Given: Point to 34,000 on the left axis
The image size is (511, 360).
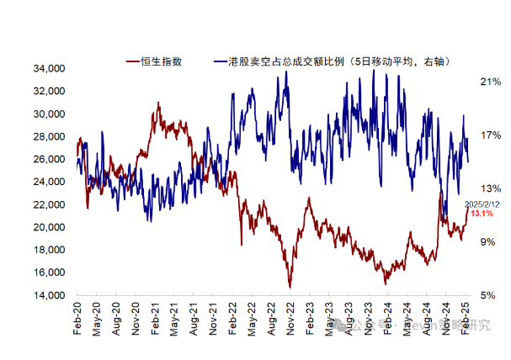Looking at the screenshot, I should point(49,68).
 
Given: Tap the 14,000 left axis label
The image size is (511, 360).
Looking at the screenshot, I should point(49,295).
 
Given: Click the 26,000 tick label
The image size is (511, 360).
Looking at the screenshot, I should point(49,159).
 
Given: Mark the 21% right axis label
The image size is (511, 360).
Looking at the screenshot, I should point(491,82).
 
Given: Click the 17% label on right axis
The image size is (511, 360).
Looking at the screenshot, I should point(491,135).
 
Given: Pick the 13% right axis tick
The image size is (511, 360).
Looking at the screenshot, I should point(491,188).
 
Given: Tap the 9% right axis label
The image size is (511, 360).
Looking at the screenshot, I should point(491,242).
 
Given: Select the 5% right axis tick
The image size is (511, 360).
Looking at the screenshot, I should point(491,295).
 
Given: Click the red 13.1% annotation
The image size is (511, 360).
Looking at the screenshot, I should point(482,214).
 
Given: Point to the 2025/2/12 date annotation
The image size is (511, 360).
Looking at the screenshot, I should point(482,204).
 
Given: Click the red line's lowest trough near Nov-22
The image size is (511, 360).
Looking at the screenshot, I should point(290,288).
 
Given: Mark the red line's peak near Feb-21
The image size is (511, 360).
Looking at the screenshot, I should point(157,103).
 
